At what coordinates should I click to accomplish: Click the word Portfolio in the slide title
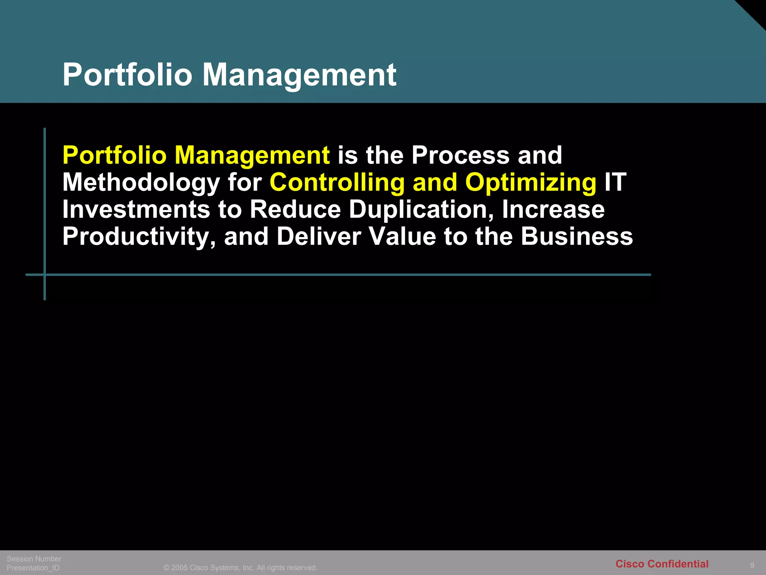pos(127,75)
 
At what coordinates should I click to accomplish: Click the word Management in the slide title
pos(299,75)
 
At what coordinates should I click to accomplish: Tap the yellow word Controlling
pos(337,182)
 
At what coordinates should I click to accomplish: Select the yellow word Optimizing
pos(530,182)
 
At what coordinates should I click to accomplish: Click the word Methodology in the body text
pos(141,182)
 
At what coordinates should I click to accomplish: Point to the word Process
pos(460,155)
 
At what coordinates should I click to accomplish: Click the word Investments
pos(136,209)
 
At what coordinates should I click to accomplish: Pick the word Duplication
pos(421,209)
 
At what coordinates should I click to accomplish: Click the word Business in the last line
pos(577,237)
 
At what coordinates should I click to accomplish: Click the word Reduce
pos(295,209)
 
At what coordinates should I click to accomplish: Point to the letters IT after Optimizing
pos(615,182)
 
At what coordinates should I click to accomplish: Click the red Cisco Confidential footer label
pos(662,564)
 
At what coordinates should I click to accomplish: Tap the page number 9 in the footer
pos(752,565)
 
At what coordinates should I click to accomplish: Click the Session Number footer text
pos(34,559)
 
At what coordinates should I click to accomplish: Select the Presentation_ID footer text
pos(33,568)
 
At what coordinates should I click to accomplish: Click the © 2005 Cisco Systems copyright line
pos(240,568)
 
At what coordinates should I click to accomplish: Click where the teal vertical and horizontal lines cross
pos(45,275)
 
